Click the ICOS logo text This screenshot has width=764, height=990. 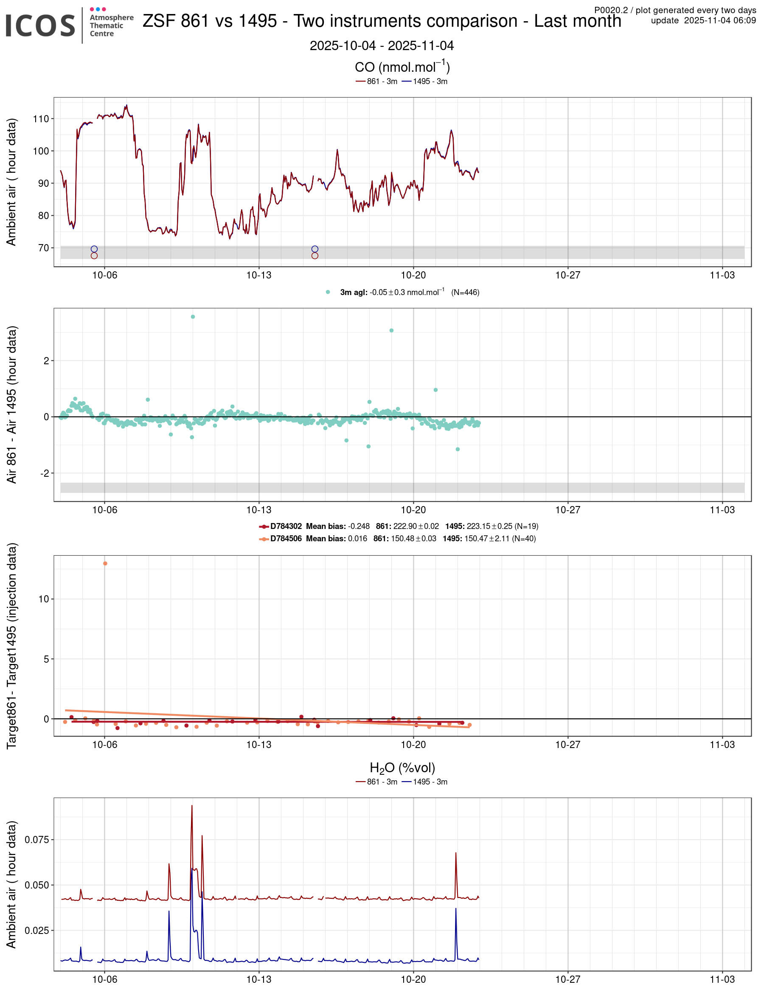(x=40, y=26)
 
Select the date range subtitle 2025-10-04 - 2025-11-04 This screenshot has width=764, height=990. (x=382, y=46)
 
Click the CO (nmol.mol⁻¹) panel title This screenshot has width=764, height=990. (x=402, y=67)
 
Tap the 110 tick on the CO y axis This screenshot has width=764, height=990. (x=41, y=119)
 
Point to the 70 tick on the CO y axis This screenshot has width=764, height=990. (x=43, y=248)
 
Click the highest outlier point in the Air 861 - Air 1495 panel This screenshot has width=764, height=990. (x=193, y=317)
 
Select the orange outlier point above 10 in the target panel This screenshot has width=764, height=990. (x=105, y=563)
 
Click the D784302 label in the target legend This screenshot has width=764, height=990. (x=286, y=526)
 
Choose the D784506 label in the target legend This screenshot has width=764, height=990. (x=286, y=539)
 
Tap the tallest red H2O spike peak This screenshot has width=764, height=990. (x=192, y=805)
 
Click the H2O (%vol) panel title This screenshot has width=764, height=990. (x=402, y=768)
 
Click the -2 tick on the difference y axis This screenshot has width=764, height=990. (x=45, y=473)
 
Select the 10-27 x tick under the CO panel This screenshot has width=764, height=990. (x=567, y=275)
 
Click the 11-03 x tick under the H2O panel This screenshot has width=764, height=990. (x=722, y=979)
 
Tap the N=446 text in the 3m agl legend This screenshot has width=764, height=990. (x=465, y=292)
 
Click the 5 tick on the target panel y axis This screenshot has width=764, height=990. (x=46, y=659)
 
